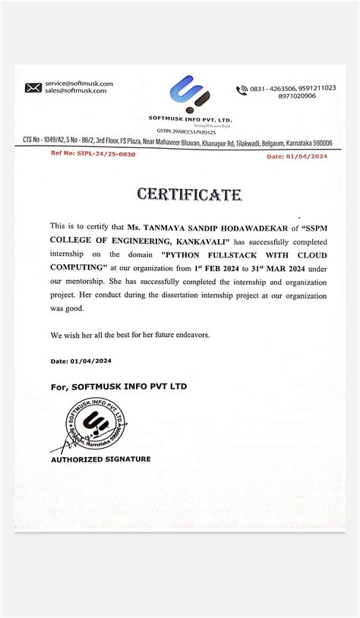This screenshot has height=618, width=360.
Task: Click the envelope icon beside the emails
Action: click(x=33, y=87)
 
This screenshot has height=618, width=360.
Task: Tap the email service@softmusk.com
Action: click(x=79, y=84)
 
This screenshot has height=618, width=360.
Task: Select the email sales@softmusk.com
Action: click(x=77, y=90)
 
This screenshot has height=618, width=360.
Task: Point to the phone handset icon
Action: click(x=242, y=90)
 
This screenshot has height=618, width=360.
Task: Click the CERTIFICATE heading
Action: click(x=189, y=195)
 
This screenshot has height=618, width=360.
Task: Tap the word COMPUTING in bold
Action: click(x=78, y=267)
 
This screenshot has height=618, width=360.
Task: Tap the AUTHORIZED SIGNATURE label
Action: click(x=100, y=459)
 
